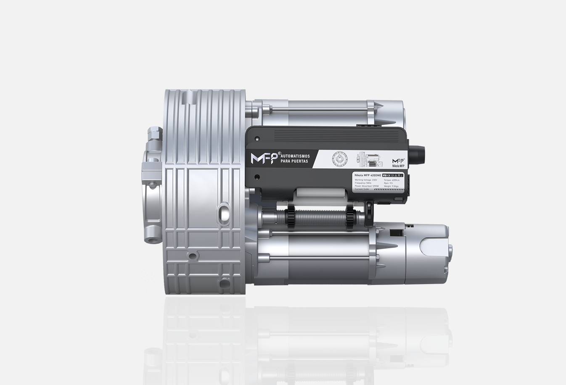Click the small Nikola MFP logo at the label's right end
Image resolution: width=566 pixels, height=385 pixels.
point(398,163)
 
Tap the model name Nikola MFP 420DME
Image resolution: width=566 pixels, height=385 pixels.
point(368,175)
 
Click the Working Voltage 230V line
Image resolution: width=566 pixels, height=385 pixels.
point(366,180)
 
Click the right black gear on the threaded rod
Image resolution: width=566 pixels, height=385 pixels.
point(349,218)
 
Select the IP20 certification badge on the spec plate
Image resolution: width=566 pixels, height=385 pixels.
point(384,175)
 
